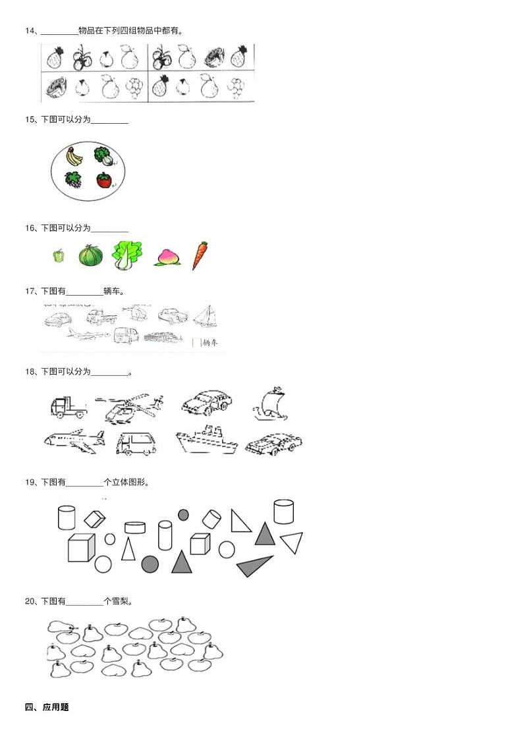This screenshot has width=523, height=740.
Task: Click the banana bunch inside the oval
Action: pyautogui.click(x=74, y=156)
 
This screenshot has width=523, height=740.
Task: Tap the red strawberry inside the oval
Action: pyautogui.click(x=104, y=180)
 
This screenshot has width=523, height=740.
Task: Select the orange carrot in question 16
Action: pyautogui.click(x=200, y=255)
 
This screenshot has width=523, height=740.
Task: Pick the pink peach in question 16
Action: pyautogui.click(x=167, y=257)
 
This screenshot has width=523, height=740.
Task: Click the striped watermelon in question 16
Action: pyautogui.click(x=91, y=256)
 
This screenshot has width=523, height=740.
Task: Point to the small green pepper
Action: pyautogui.click(x=59, y=256)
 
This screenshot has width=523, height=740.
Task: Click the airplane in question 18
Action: pyautogui.click(x=74, y=441)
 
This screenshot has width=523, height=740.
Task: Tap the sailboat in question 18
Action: pyautogui.click(x=271, y=404)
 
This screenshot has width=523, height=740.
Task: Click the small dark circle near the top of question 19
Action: pyautogui.click(x=183, y=514)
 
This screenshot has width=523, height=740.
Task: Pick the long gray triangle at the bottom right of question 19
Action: pyautogui.click(x=254, y=566)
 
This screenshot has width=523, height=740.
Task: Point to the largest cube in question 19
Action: pyautogui.click(x=81, y=548)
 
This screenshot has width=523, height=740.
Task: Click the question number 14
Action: pyautogui.click(x=30, y=31)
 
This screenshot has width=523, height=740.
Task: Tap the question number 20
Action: pyautogui.click(x=30, y=601)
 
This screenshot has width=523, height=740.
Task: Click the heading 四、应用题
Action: pyautogui.click(x=47, y=707)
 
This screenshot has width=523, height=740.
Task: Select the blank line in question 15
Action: pyautogui.click(x=109, y=123)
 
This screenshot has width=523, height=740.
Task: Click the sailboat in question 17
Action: pyautogui.click(x=206, y=316)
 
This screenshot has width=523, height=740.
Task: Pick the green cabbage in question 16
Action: pyautogui.click(x=127, y=255)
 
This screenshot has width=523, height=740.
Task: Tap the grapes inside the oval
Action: pyautogui.click(x=73, y=180)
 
